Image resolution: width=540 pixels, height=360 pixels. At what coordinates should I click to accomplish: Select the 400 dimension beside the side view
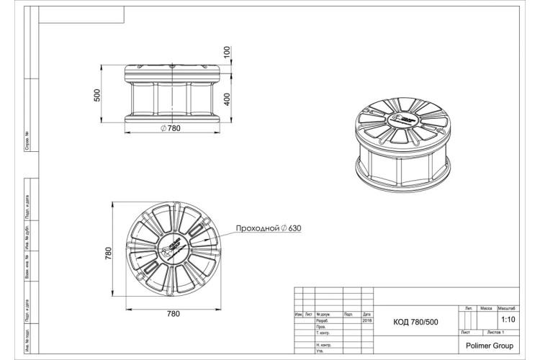[227, 99]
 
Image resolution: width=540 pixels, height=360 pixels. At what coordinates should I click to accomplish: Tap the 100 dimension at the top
[227, 53]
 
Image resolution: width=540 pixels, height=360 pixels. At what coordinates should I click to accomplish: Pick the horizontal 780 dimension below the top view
[173, 314]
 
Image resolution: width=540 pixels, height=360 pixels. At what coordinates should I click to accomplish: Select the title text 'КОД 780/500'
[415, 322]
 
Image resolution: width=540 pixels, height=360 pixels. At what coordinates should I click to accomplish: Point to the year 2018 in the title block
[366, 320]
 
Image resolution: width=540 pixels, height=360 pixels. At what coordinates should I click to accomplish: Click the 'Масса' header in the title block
[486, 307]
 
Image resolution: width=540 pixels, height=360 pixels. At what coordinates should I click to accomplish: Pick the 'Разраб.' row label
[322, 320]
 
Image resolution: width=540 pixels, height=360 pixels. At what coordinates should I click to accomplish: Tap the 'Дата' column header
[366, 315]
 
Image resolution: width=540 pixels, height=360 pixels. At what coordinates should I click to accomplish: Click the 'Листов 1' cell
[496, 332]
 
